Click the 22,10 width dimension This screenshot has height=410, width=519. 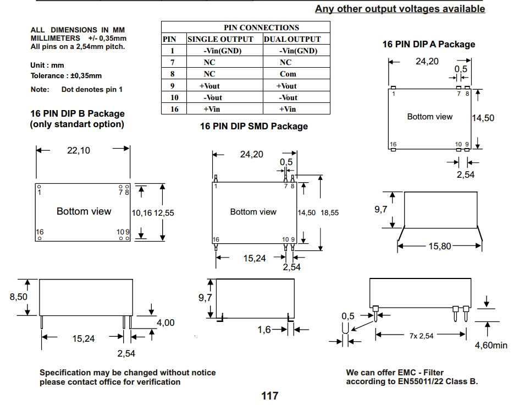(79, 150)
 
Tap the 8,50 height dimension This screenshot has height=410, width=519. (19, 297)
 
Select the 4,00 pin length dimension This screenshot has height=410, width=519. (165, 322)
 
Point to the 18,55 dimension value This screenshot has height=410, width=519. (330, 213)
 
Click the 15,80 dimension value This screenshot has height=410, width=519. (440, 246)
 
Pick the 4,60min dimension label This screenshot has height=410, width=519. (491, 346)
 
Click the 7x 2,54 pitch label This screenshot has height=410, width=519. (421, 336)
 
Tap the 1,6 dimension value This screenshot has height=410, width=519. (264, 330)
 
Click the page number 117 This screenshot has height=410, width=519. (270, 396)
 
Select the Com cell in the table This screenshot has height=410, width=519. (288, 74)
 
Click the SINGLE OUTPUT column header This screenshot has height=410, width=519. (220, 39)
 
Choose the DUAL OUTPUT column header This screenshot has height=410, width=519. (292, 39)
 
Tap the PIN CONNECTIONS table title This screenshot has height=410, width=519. (262, 28)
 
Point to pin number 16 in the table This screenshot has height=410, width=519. (174, 109)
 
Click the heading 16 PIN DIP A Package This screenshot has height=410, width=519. (429, 45)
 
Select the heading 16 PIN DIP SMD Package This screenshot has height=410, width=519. (254, 126)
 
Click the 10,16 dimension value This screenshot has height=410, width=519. (142, 213)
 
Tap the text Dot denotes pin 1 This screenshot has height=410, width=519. (92, 90)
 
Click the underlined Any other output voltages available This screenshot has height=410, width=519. (400, 9)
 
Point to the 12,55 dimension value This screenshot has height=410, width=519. (164, 213)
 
